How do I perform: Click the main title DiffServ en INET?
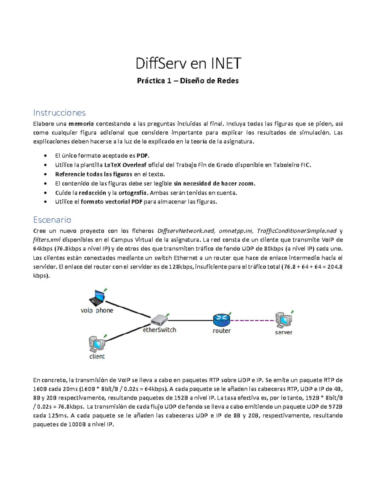pyautogui.click(x=188, y=63)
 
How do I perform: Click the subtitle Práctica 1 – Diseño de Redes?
pyautogui.click(x=188, y=81)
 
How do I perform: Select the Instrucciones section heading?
pyautogui.click(x=59, y=113)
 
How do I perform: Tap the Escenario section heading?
pyautogui.click(x=52, y=220)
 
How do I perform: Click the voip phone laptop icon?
pyautogui.click(x=97, y=298)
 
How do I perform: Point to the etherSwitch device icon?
pyautogui.click(x=159, y=320)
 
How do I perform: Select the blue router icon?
pyautogui.click(x=222, y=320)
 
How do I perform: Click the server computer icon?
pyautogui.click(x=284, y=320)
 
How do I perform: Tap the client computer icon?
pyautogui.click(x=97, y=344)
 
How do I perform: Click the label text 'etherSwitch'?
pyautogui.click(x=159, y=330)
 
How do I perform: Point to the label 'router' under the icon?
pyautogui.click(x=222, y=331)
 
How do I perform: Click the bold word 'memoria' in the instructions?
pyautogui.click(x=81, y=124)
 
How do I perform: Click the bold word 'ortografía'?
pyautogui.click(x=132, y=193)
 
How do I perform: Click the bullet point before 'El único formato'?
pyautogui.click(x=46, y=156)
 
